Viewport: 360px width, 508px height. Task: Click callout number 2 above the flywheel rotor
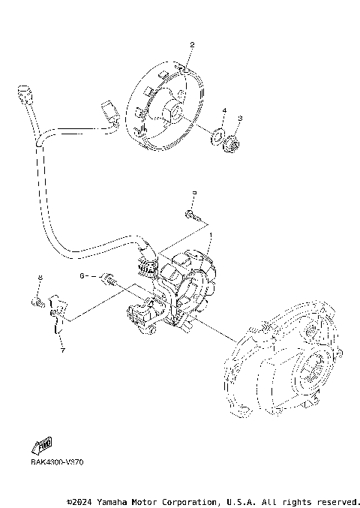[192, 46]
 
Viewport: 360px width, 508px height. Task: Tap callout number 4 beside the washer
[223, 111]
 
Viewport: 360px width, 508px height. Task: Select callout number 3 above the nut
[240, 119]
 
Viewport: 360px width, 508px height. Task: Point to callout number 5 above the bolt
[193, 193]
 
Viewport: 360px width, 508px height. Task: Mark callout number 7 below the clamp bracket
[62, 350]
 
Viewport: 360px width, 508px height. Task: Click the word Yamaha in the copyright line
[116, 501]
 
